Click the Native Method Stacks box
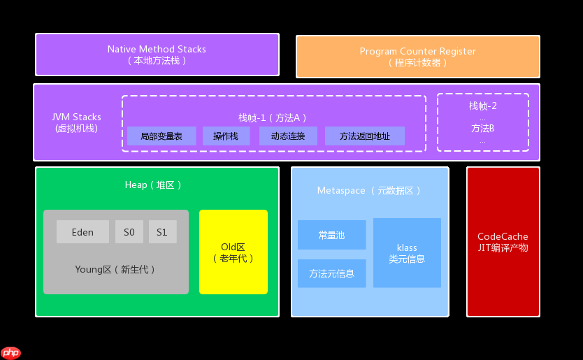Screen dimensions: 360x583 (x=157, y=55)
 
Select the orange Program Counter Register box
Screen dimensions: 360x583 (x=417, y=57)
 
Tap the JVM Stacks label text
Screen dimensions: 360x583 (x=76, y=122)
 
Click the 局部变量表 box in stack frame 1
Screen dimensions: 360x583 (x=161, y=136)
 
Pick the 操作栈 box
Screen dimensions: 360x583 (x=226, y=136)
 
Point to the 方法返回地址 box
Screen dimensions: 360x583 (x=364, y=136)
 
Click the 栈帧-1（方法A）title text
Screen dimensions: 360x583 (x=273, y=117)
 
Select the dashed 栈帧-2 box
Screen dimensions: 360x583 (x=482, y=122)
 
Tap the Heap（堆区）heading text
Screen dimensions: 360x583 (x=153, y=185)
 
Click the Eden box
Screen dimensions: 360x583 (x=82, y=232)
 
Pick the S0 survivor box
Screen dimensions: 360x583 (x=129, y=232)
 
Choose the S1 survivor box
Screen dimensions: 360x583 (x=162, y=232)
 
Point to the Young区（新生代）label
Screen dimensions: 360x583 (x=115, y=269)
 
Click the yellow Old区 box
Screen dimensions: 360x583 (x=233, y=252)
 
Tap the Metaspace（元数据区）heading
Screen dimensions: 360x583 (x=369, y=191)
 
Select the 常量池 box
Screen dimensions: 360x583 (x=331, y=235)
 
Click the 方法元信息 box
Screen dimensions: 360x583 (x=331, y=273)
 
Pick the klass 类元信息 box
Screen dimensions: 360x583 (x=407, y=253)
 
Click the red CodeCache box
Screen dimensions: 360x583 (x=503, y=242)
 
